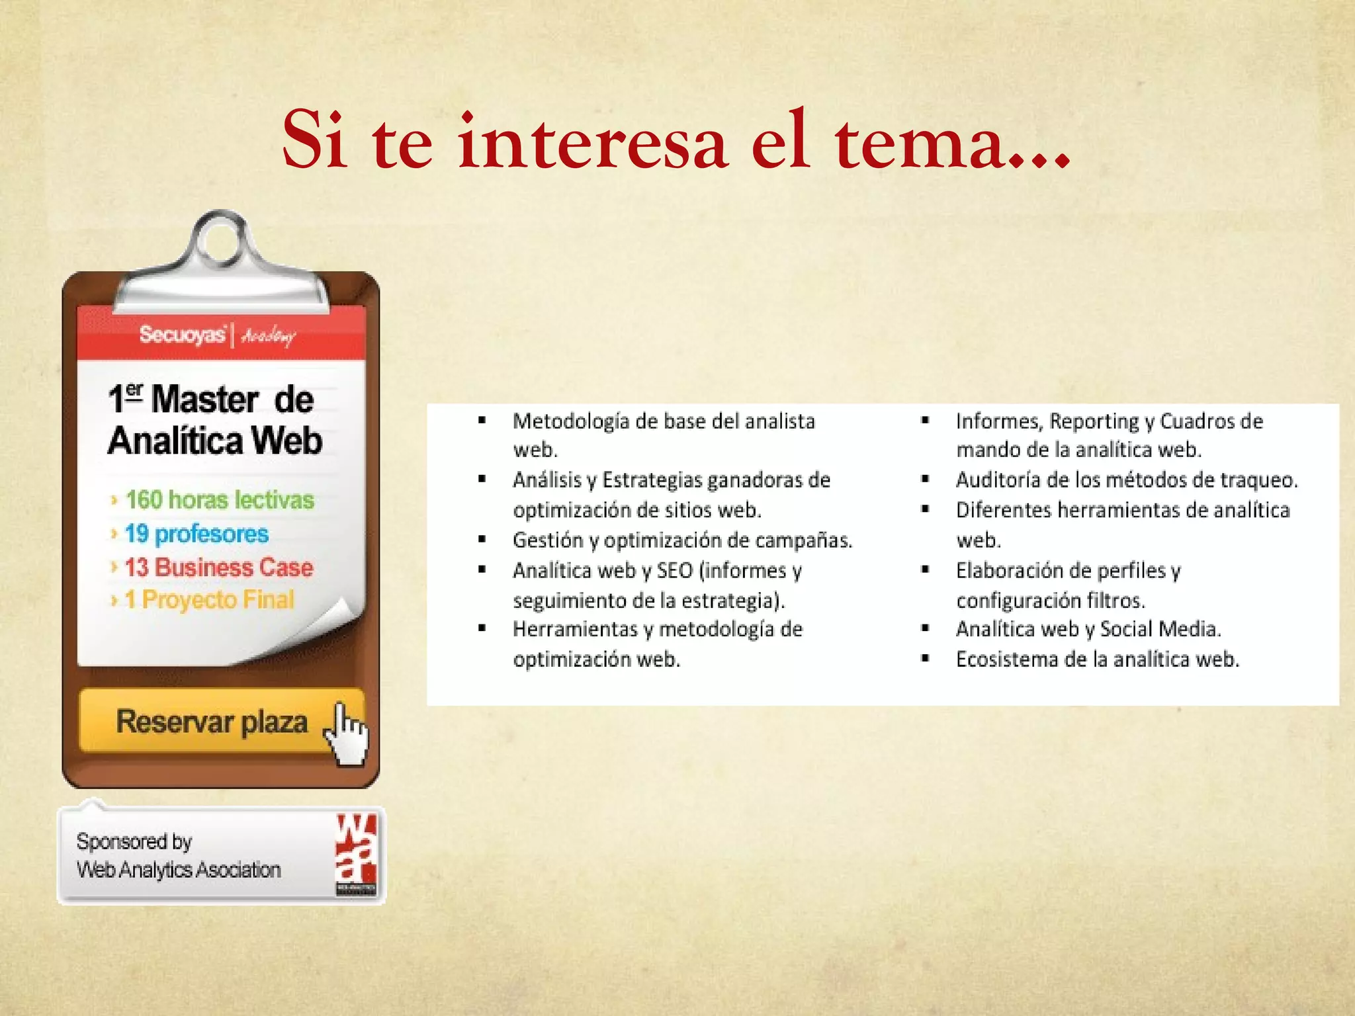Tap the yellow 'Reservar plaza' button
point(212,721)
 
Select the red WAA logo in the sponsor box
point(356,855)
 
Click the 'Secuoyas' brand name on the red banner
point(183,335)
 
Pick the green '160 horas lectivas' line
point(220,499)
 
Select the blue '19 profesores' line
point(197,533)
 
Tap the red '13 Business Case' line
point(218,567)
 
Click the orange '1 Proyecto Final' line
point(209,600)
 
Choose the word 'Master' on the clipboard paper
point(204,400)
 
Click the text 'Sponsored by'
point(134,841)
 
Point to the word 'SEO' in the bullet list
point(674,570)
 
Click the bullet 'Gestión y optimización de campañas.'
point(682,540)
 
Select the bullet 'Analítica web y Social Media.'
point(1088,629)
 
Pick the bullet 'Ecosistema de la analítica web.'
point(1097,659)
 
